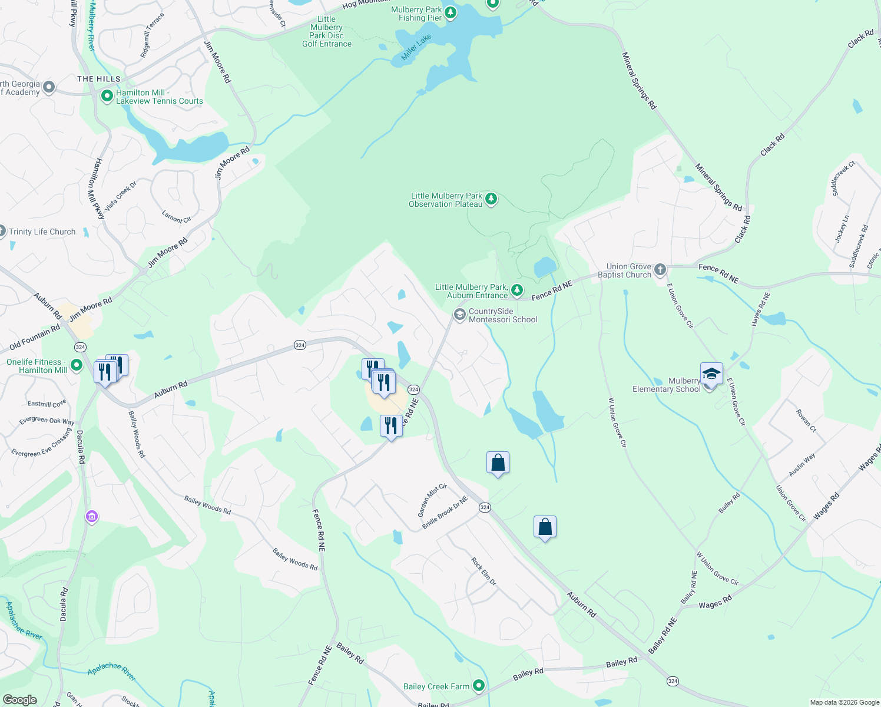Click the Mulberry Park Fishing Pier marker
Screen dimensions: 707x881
click(451, 12)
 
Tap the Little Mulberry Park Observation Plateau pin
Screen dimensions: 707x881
click(491, 199)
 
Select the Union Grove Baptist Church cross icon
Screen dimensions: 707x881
click(660, 270)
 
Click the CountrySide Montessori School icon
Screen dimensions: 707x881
click(459, 315)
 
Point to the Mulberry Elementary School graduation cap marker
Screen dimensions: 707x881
click(711, 374)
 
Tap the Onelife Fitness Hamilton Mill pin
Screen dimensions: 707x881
click(77, 365)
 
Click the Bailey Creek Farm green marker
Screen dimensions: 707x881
click(479, 685)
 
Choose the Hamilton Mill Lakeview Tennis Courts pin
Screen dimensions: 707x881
click(107, 95)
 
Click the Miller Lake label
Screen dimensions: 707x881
click(416, 47)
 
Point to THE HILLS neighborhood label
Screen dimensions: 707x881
click(98, 79)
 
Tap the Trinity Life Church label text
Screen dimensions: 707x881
click(42, 232)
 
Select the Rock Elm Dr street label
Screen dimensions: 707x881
click(484, 571)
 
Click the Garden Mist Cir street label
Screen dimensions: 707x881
click(432, 500)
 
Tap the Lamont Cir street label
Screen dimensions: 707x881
click(177, 217)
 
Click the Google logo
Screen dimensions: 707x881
click(19, 700)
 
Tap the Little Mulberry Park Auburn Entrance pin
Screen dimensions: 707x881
click(516, 290)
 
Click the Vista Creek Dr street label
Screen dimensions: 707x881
click(121, 196)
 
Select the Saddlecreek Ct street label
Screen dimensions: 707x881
click(843, 178)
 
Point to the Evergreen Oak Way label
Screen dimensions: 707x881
click(47, 420)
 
